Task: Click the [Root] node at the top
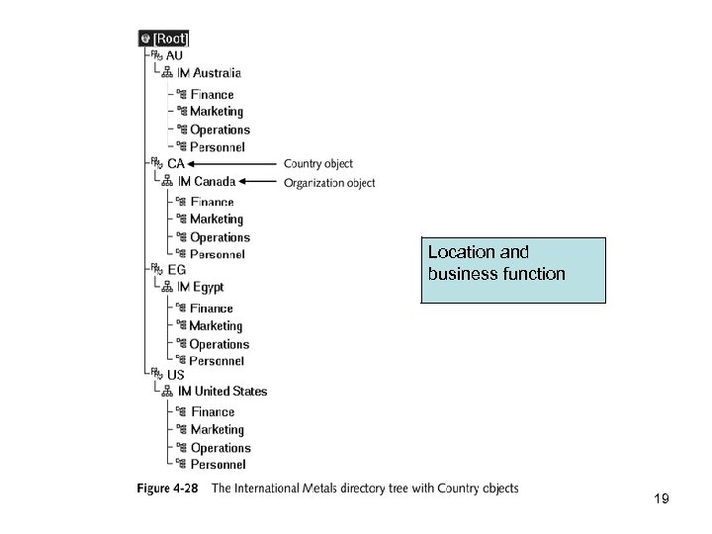pyautogui.click(x=164, y=39)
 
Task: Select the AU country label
pyautogui.click(x=174, y=55)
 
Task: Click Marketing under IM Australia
pyautogui.click(x=217, y=112)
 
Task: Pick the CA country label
pyautogui.click(x=176, y=163)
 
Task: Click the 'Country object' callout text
pyautogui.click(x=317, y=163)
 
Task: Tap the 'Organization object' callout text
pyautogui.click(x=329, y=182)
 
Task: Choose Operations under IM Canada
pyautogui.click(x=220, y=237)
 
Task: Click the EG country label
pyautogui.click(x=176, y=269)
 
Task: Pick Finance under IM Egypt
pyautogui.click(x=212, y=309)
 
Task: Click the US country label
pyautogui.click(x=175, y=375)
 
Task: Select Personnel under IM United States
pyautogui.click(x=219, y=464)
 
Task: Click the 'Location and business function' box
pyautogui.click(x=512, y=268)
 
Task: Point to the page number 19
pyautogui.click(x=662, y=499)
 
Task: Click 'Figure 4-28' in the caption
pyautogui.click(x=170, y=489)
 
